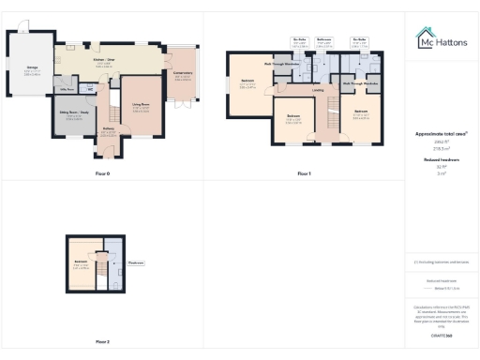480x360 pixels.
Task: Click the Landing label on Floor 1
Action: [x=319, y=91]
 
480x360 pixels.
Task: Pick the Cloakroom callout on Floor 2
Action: [x=135, y=262]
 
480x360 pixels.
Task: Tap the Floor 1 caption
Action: [x=304, y=174]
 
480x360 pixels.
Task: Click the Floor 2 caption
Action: [x=101, y=341]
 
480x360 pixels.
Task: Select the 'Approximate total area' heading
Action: [x=441, y=134]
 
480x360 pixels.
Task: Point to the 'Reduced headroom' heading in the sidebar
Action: [x=441, y=160]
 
